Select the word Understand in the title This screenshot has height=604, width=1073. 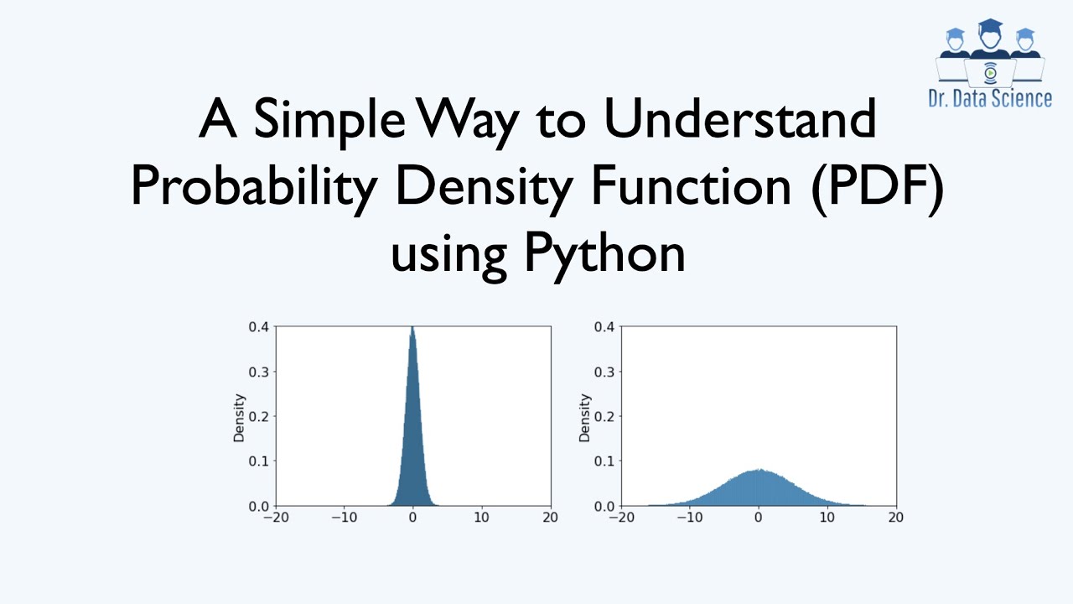[739, 120]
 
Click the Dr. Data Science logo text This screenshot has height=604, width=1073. [990, 98]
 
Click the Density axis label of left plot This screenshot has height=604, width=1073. [239, 417]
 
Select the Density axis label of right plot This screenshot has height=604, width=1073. [584, 417]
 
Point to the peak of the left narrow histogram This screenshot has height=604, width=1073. [412, 330]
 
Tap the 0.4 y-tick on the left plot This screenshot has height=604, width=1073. [258, 326]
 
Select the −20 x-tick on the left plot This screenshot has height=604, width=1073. [275, 518]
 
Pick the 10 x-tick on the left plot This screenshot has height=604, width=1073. [481, 518]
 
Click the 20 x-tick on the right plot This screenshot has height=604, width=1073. [896, 518]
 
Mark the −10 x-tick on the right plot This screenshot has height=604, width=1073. [689, 518]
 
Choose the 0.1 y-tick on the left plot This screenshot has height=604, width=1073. [258, 461]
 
